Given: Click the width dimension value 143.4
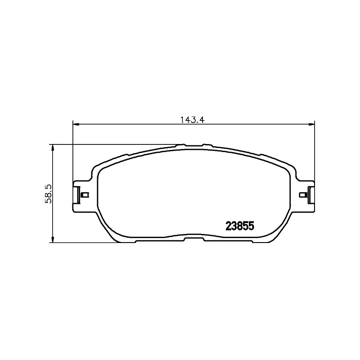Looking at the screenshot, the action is [192, 120].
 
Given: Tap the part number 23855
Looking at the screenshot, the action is [240, 226].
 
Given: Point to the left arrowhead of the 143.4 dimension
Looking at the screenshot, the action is [76, 125].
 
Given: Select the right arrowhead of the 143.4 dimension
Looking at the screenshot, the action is [311, 125].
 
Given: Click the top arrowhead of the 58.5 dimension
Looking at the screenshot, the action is [53, 148].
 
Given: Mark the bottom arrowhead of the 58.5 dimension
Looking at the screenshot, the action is [53, 239].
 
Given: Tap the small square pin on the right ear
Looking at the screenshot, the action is [303, 195].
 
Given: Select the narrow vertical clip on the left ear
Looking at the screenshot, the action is [78, 195].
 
